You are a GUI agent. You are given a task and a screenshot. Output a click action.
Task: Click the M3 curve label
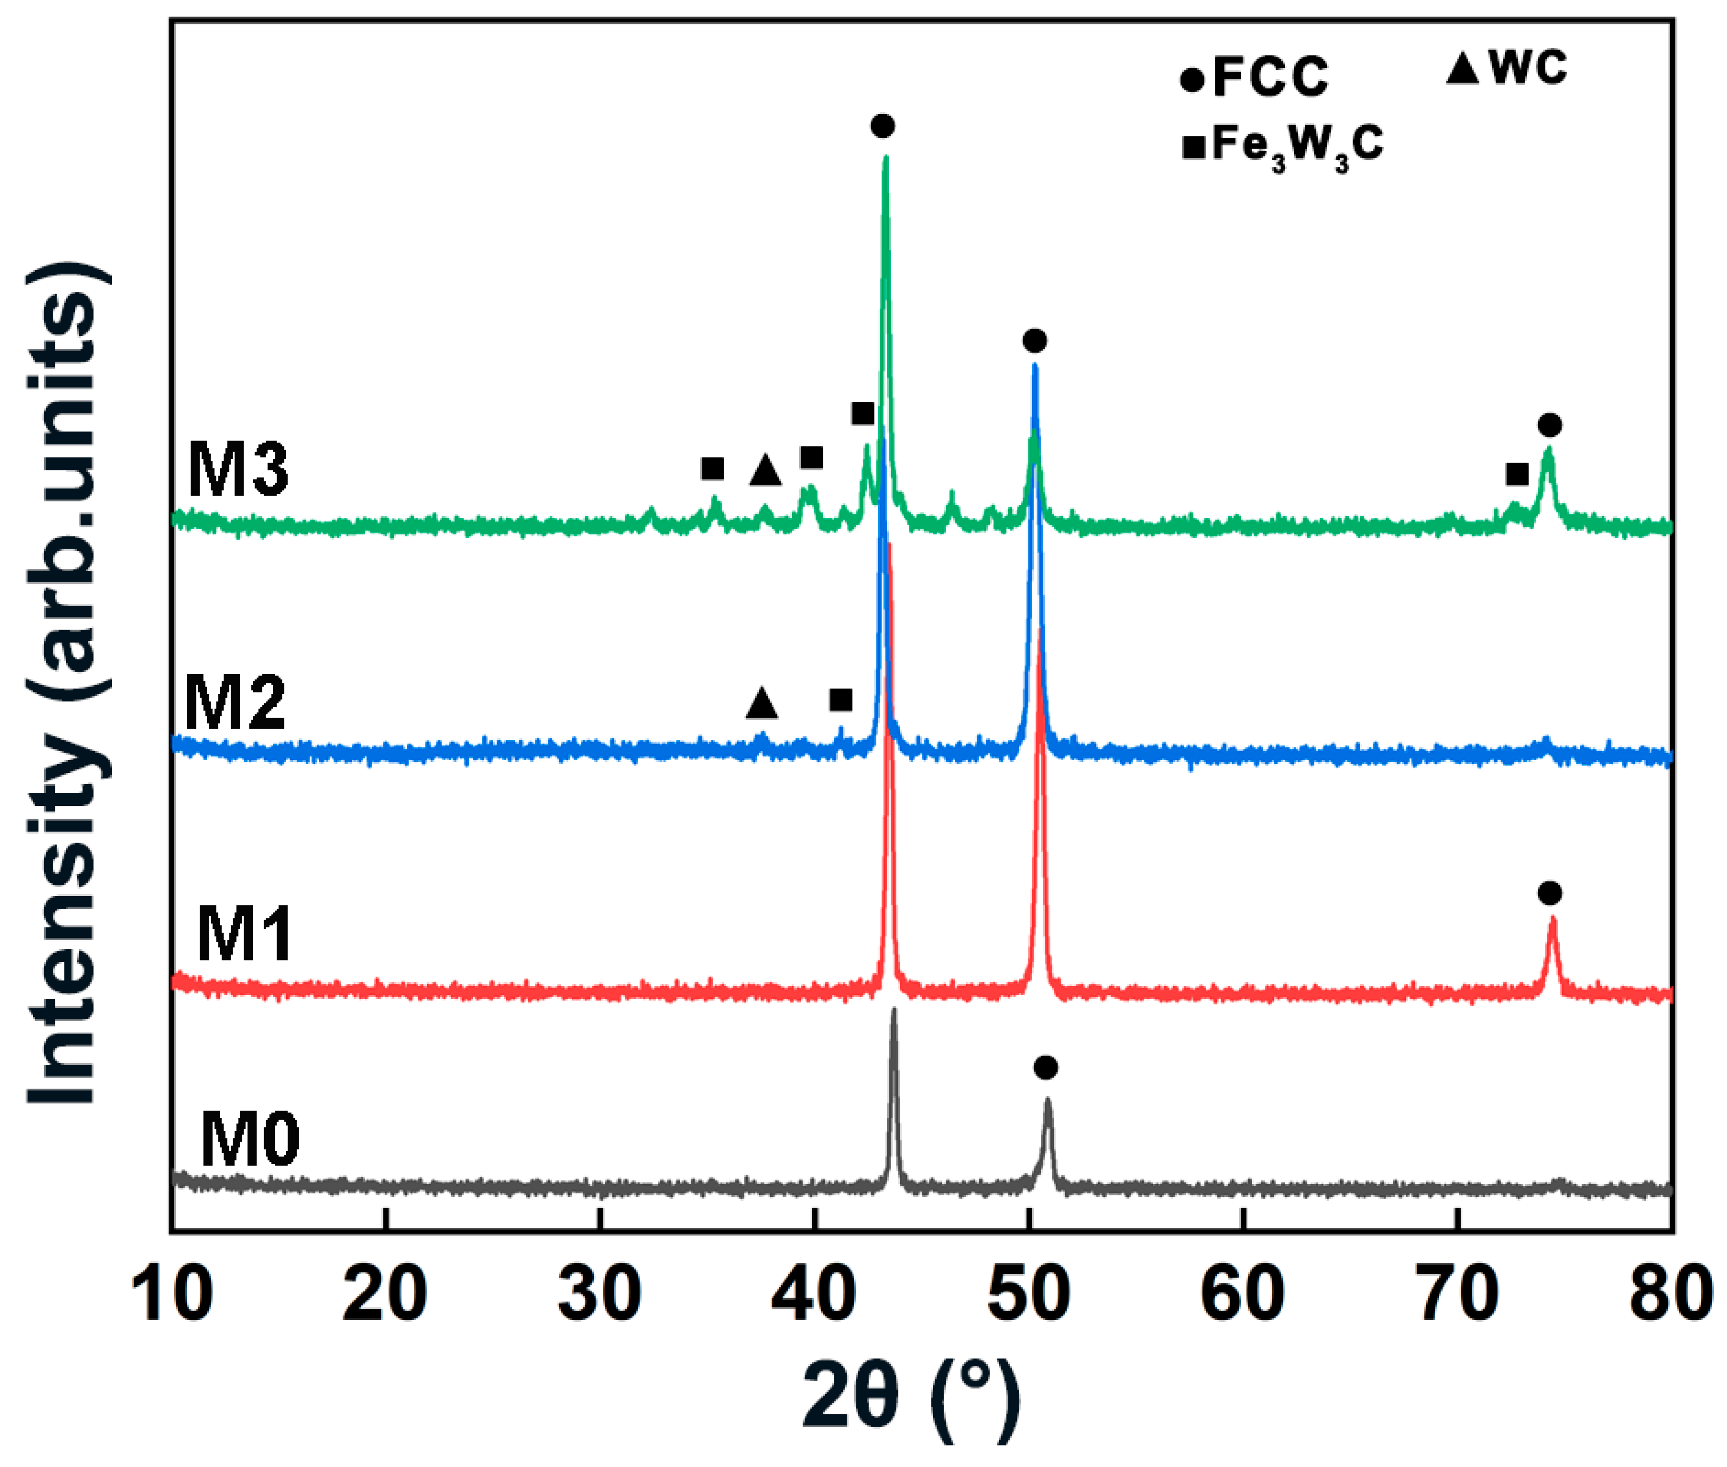point(238,471)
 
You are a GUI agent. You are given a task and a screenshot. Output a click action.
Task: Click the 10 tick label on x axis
point(171,1295)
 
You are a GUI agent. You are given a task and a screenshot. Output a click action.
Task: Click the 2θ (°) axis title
point(911,1397)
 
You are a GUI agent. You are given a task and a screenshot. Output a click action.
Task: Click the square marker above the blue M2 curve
point(841,700)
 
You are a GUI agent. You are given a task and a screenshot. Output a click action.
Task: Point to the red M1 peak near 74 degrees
point(1552,920)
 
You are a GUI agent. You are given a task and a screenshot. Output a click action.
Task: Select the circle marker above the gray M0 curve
point(1045,1067)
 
